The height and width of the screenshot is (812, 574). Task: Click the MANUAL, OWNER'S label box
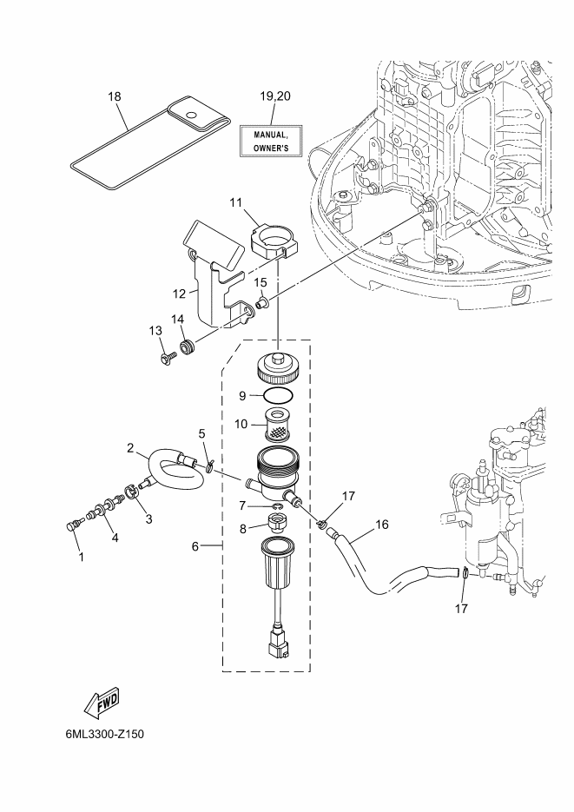coord(271,140)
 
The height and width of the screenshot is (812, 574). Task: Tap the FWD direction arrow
coord(102,703)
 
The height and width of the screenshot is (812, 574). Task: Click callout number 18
coord(115,97)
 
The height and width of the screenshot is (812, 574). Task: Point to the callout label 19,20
coord(274,96)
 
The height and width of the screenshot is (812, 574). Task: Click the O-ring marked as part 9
coord(278,396)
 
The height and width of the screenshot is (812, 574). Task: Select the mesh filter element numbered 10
coord(279,425)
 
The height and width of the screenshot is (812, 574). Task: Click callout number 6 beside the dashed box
coord(195,546)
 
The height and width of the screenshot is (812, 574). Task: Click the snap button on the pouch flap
coord(193,115)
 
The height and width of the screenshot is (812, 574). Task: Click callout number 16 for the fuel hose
coord(381,525)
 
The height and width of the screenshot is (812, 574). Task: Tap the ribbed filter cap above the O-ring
coord(278,366)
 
